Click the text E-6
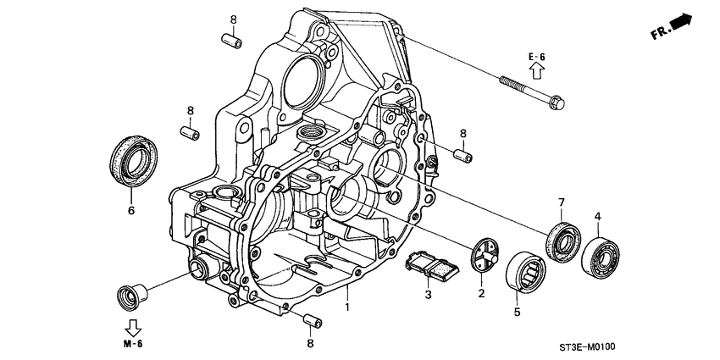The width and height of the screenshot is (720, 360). (x=536, y=57)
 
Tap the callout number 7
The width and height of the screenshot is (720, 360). (x=560, y=202)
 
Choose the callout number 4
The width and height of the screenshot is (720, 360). (x=597, y=217)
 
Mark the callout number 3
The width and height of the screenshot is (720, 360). (x=429, y=295)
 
